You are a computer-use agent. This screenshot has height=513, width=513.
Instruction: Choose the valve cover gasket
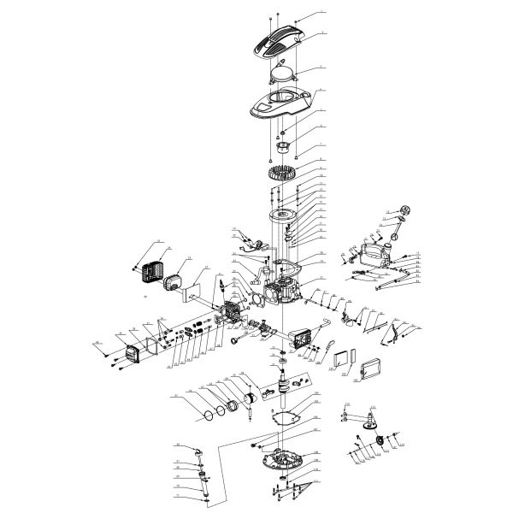click(154, 345)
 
